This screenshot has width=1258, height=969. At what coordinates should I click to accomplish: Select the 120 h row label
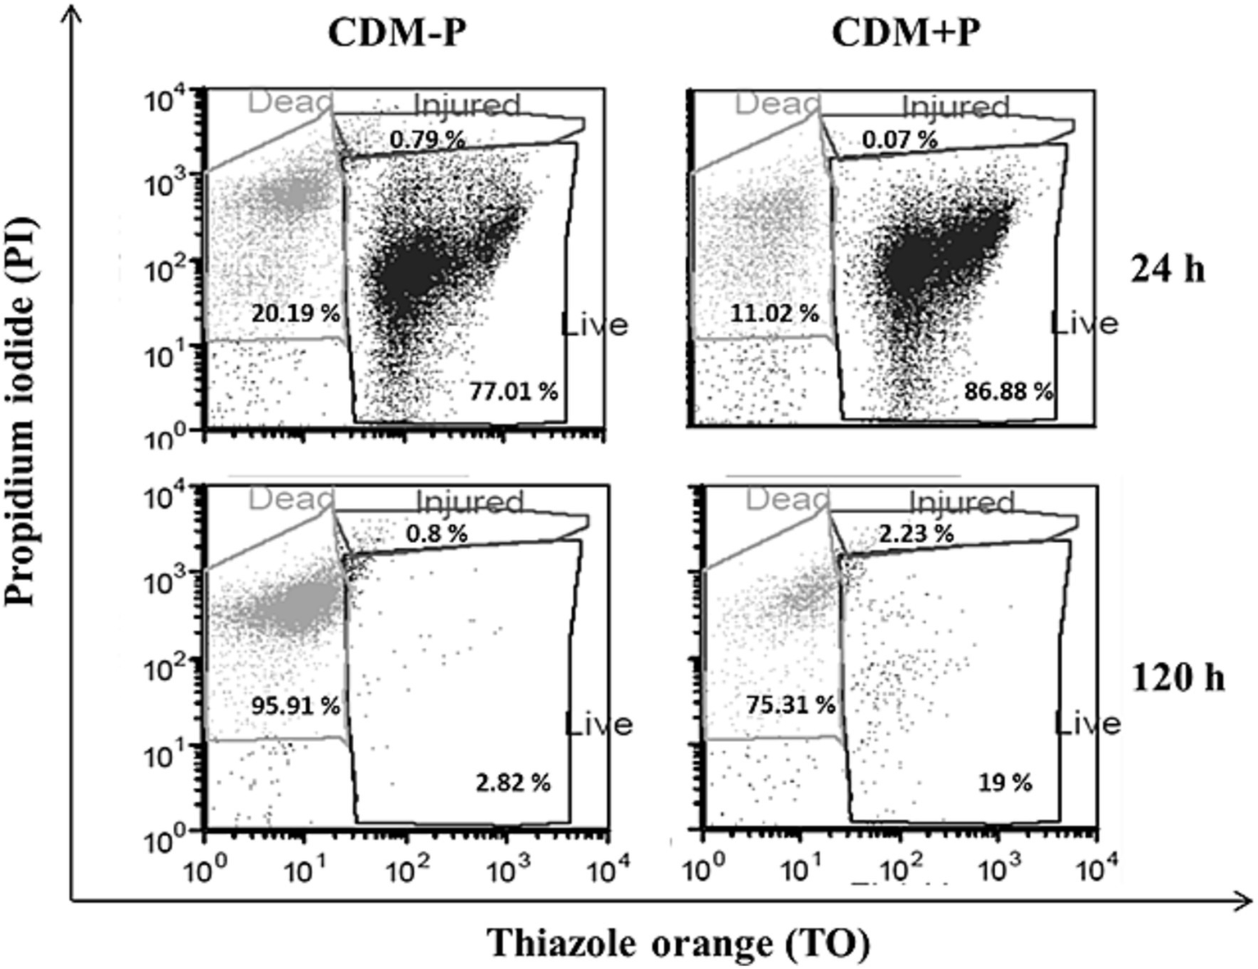[1178, 678]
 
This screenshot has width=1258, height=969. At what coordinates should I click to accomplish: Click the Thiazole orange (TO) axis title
[679, 944]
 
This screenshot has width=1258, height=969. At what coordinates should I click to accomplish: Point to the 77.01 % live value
[514, 392]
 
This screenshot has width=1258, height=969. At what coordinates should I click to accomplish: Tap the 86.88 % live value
[1008, 392]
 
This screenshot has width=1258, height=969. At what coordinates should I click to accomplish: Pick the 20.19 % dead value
[295, 312]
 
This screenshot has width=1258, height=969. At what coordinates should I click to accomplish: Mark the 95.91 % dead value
[295, 705]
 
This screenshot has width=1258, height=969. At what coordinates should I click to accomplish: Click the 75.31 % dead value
[790, 704]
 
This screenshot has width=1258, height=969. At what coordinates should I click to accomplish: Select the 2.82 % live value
[512, 782]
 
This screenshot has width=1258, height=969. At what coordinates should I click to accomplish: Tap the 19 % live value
[1005, 783]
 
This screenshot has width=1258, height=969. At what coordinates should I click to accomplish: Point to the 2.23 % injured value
[915, 534]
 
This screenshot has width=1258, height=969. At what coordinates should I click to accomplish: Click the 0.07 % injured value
[899, 140]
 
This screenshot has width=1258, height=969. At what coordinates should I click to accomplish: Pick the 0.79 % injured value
[427, 140]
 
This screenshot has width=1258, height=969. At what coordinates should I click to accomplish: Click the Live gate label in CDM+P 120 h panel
[1087, 723]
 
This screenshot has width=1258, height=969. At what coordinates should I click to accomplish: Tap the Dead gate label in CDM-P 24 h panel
[291, 103]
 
